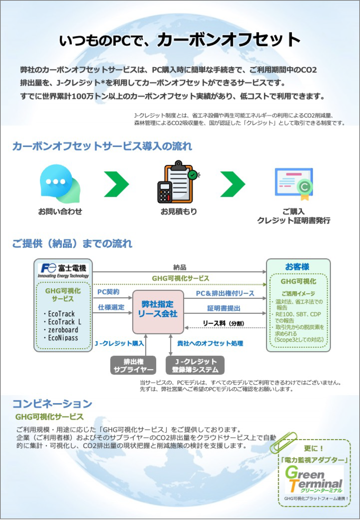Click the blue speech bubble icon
(59, 183)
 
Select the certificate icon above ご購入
(294, 184)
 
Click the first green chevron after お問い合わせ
(116, 184)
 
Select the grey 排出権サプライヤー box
(133, 365)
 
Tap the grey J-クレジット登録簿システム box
(195, 365)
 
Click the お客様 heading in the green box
(297, 267)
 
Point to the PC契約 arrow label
(108, 292)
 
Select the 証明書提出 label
(224, 308)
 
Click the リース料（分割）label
(223, 323)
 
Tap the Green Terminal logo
(314, 479)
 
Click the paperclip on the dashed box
(283, 443)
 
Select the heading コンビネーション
(53, 403)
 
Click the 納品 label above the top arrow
(180, 267)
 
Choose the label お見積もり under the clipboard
(179, 211)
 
